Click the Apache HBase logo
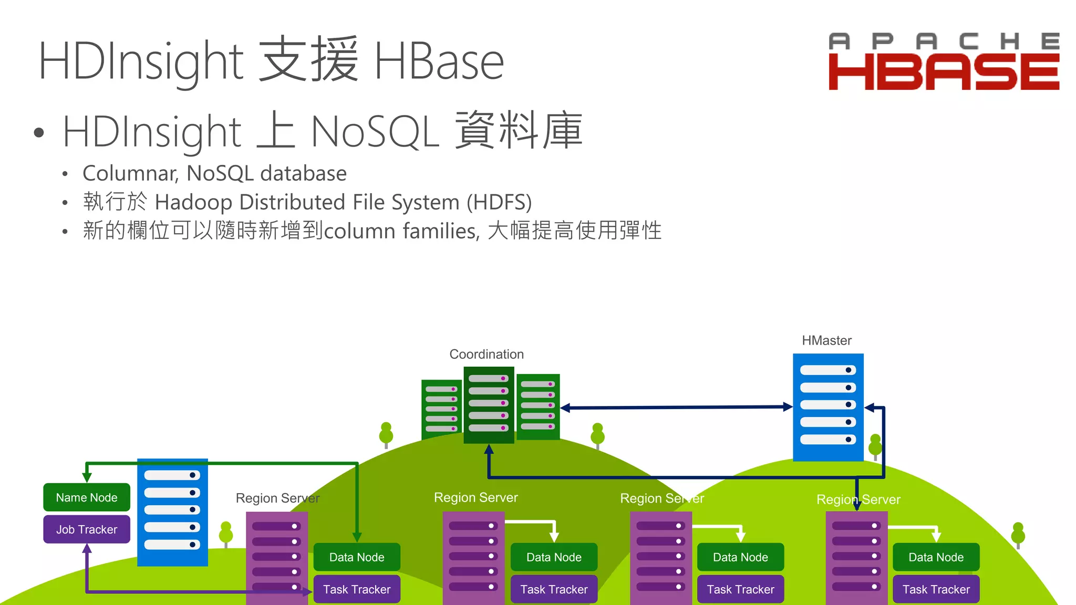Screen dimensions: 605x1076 [944, 62]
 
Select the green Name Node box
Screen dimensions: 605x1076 [87, 497]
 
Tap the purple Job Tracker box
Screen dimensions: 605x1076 [87, 529]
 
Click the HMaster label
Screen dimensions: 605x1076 [826, 340]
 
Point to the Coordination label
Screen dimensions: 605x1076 [487, 354]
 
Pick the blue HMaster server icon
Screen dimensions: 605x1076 [828, 406]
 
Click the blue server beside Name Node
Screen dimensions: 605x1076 [172, 512]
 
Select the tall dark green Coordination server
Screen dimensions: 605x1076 [489, 404]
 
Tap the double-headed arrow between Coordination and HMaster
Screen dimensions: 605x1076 [677, 407]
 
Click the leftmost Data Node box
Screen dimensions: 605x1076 [357, 557]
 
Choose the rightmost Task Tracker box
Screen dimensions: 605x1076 [936, 589]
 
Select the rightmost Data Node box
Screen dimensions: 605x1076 [936, 557]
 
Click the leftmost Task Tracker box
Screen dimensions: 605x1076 [357, 589]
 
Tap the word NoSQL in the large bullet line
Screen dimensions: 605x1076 [375, 131]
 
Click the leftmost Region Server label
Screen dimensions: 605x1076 [277, 498]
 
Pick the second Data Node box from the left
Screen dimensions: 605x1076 [554, 557]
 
